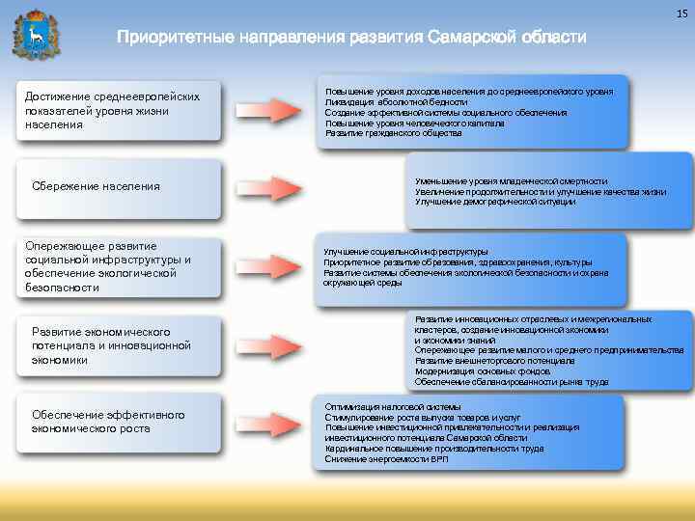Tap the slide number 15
pyautogui.click(x=680, y=11)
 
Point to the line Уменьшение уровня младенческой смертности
pyautogui.click(x=511, y=180)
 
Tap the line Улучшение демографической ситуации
pyautogui.click(x=496, y=202)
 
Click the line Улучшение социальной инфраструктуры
pyautogui.click(x=405, y=252)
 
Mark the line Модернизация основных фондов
pyautogui.click(x=483, y=371)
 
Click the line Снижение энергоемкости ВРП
pyautogui.click(x=386, y=459)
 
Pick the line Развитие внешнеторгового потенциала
pyautogui.click(x=494, y=361)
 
